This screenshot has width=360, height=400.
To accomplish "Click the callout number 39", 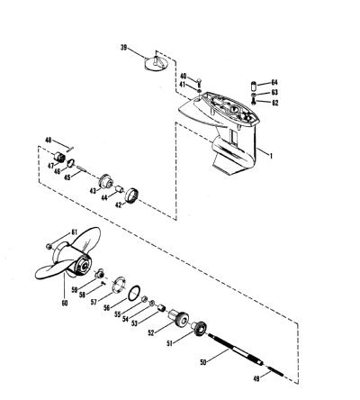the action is pyautogui.click(x=124, y=48).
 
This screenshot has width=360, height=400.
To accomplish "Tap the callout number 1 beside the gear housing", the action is pyautogui.click(x=271, y=156).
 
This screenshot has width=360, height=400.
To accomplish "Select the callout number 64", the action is pyautogui.click(x=274, y=82).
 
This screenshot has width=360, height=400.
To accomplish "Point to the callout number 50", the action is pyautogui.click(x=203, y=362).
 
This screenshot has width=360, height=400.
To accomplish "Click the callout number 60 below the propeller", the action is pyautogui.click(x=65, y=303).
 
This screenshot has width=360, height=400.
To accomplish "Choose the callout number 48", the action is pyautogui.click(x=49, y=140).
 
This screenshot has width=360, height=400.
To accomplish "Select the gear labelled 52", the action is pyautogui.click(x=179, y=317).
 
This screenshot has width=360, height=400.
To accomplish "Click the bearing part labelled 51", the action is pyautogui.click(x=199, y=327).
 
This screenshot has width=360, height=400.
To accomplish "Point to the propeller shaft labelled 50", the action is pyautogui.click(x=236, y=350).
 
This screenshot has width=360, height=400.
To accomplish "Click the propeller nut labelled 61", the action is pyautogui.click(x=49, y=247).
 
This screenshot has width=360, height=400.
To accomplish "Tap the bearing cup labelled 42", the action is pyautogui.click(x=133, y=195).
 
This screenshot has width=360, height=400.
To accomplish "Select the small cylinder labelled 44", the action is pyautogui.click(x=120, y=190).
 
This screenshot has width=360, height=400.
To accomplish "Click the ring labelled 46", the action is pyautogui.click(x=71, y=163).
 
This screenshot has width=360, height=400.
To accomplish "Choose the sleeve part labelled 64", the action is pyautogui.click(x=254, y=86).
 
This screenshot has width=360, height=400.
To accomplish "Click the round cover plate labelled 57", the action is pyautogui.click(x=119, y=284).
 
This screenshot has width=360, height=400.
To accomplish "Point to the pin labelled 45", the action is pyautogui.click(x=82, y=169).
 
